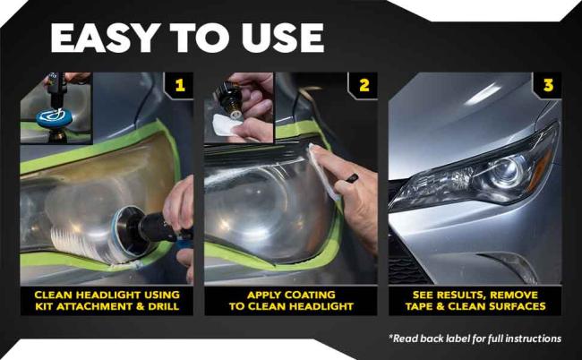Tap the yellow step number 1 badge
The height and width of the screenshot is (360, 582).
pos(179,86)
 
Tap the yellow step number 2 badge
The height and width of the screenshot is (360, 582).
pos(364,86)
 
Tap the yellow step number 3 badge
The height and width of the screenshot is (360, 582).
pos(547,86)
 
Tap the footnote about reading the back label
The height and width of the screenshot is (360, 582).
pos(475,338)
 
